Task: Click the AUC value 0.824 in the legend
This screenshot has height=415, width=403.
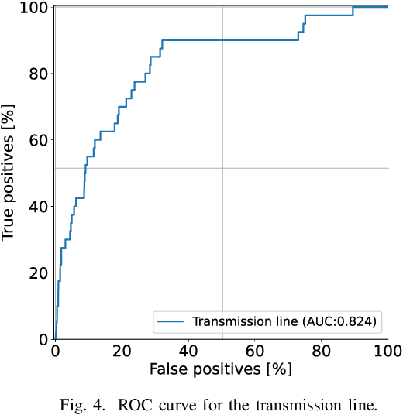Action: tap(359, 321)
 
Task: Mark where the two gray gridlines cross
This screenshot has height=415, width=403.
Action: tap(222, 168)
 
